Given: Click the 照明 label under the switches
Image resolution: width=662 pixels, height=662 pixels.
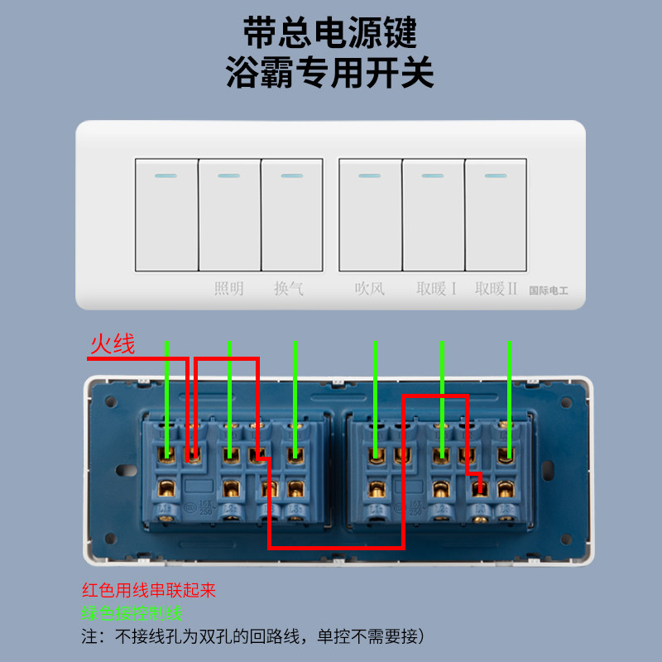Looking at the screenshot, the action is click(x=229, y=289).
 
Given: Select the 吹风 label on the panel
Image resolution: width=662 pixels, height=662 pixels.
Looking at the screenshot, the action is click(x=370, y=289).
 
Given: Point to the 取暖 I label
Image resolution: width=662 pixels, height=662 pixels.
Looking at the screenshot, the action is click(x=436, y=289).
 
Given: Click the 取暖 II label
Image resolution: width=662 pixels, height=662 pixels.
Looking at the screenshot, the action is click(x=496, y=289).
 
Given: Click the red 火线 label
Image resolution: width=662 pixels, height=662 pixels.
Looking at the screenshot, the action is click(x=113, y=345).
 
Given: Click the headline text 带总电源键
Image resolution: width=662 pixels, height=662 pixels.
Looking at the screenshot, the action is click(x=330, y=33).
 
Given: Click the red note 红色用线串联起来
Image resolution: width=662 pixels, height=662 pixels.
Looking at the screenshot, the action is click(x=149, y=591).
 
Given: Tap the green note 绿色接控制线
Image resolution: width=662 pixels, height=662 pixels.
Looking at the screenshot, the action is click(x=132, y=613).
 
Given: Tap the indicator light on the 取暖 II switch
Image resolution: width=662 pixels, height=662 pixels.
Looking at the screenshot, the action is click(x=496, y=175).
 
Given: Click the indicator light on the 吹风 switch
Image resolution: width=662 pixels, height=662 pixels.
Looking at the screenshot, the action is click(x=370, y=175).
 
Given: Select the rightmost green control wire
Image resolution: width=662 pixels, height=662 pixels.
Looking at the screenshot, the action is click(x=509, y=397).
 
